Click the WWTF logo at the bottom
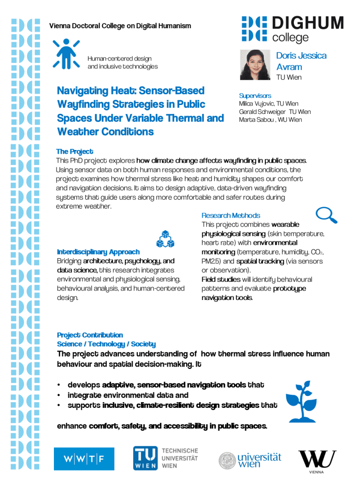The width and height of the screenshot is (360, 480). tap(84, 458)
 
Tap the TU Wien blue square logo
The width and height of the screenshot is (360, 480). tap(145, 458)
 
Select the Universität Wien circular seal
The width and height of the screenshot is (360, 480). tap(227, 460)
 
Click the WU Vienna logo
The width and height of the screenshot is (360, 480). tap(317, 458)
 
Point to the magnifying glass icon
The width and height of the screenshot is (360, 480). tap(327, 215)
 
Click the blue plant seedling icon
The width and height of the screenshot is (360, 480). tap(300, 401)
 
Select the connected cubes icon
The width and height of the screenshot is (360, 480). tap(165, 239)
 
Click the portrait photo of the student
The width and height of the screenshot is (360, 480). tap(255, 64)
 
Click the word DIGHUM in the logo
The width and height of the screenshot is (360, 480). tap(308, 23)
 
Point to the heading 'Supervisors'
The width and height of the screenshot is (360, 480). tap(255, 96)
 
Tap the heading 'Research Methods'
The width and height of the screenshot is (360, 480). tap(231, 216)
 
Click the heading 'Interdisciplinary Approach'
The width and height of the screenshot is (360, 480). tap(98, 252)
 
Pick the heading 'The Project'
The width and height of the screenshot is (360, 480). tap(75, 151)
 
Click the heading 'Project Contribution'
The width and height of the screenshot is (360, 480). tap(90, 335)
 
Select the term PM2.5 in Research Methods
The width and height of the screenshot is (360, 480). tap(211, 261)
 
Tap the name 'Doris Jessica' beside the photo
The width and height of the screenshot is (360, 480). tap(301, 56)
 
